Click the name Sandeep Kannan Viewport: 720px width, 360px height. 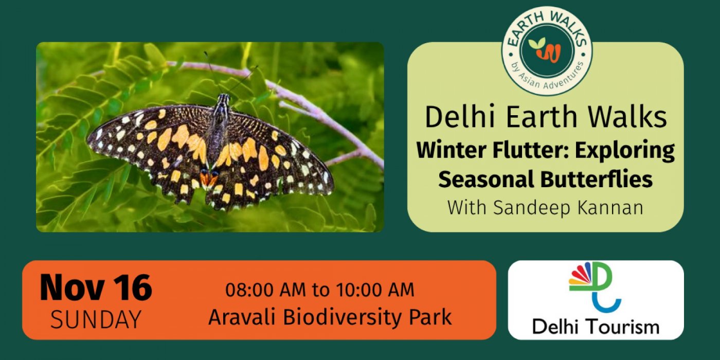[568, 207]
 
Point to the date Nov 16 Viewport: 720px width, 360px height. [96, 287]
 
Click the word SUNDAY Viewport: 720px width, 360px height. [96, 319]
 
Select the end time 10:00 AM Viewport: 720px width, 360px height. [375, 290]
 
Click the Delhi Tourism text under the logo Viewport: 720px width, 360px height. [596, 327]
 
